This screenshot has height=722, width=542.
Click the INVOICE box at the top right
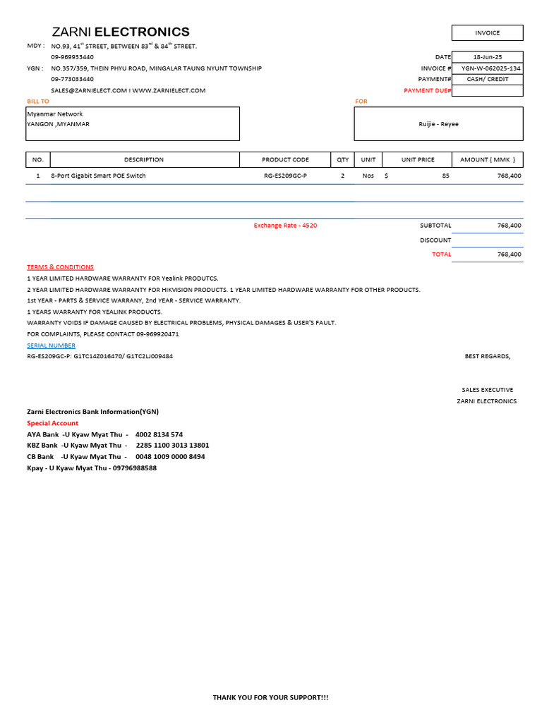(487, 32)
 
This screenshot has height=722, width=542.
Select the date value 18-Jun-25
(487, 57)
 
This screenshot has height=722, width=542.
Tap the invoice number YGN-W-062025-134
(491, 68)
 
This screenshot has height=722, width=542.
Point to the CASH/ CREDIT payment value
(487, 80)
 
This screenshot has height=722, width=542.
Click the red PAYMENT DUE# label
(427, 91)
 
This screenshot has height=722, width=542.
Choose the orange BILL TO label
(38, 102)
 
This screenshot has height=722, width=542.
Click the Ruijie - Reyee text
(438, 124)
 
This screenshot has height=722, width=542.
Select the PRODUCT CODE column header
(285, 160)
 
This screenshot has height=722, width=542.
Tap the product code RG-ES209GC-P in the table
(285, 176)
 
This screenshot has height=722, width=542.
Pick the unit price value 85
(445, 176)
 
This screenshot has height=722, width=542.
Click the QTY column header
(343, 160)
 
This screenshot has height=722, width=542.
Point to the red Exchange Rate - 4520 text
(285, 226)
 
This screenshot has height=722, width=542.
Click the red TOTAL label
(442, 255)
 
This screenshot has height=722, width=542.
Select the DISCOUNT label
(435, 240)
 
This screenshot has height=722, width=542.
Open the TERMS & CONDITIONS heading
(60, 267)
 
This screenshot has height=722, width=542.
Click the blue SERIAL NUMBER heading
(51, 345)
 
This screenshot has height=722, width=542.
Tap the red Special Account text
(52, 423)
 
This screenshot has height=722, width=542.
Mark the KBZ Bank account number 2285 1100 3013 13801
(172, 446)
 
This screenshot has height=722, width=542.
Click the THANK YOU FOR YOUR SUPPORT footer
(270, 697)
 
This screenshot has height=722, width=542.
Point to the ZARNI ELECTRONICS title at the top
(121, 32)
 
